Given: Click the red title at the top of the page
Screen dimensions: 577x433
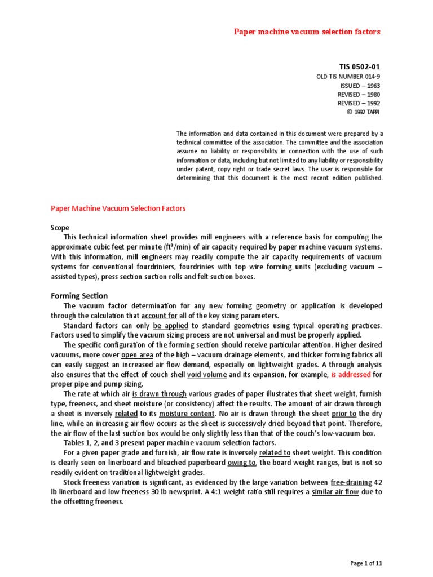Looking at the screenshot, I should [307, 32].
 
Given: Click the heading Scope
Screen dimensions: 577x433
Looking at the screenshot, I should [60, 228].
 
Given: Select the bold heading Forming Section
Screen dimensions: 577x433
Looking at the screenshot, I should [79, 296].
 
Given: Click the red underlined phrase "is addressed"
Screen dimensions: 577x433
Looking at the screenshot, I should [351, 374].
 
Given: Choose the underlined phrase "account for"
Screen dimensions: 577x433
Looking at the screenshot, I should [161, 316].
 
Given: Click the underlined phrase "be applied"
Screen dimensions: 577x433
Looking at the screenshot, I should [165, 326].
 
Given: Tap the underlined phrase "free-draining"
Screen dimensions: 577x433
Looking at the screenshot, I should [352, 482].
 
